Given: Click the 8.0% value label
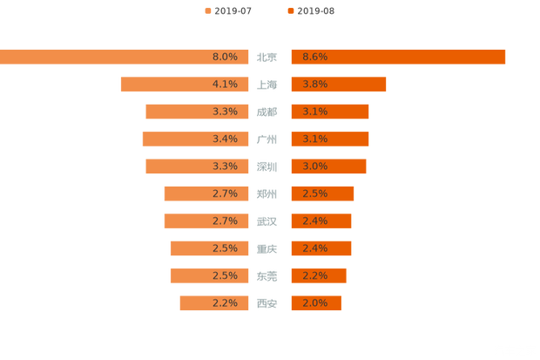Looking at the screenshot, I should pyautogui.click(x=225, y=57).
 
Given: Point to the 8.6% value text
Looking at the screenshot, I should pyautogui.click(x=314, y=57).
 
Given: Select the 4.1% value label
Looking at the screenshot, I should pyautogui.click(x=225, y=85).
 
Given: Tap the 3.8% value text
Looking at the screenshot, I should pyautogui.click(x=314, y=85).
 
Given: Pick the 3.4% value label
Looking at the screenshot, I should pyautogui.click(x=225, y=139).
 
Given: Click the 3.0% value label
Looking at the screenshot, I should pyautogui.click(x=314, y=166).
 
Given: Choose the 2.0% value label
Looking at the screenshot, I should pyautogui.click(x=314, y=303).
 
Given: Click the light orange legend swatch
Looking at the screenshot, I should pyautogui.click(x=206, y=11).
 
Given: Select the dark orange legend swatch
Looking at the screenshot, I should pyautogui.click(x=288, y=11).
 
